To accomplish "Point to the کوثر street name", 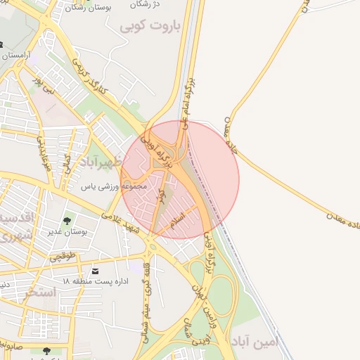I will (x=162, y=195).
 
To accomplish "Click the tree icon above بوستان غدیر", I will (x=67, y=221).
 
